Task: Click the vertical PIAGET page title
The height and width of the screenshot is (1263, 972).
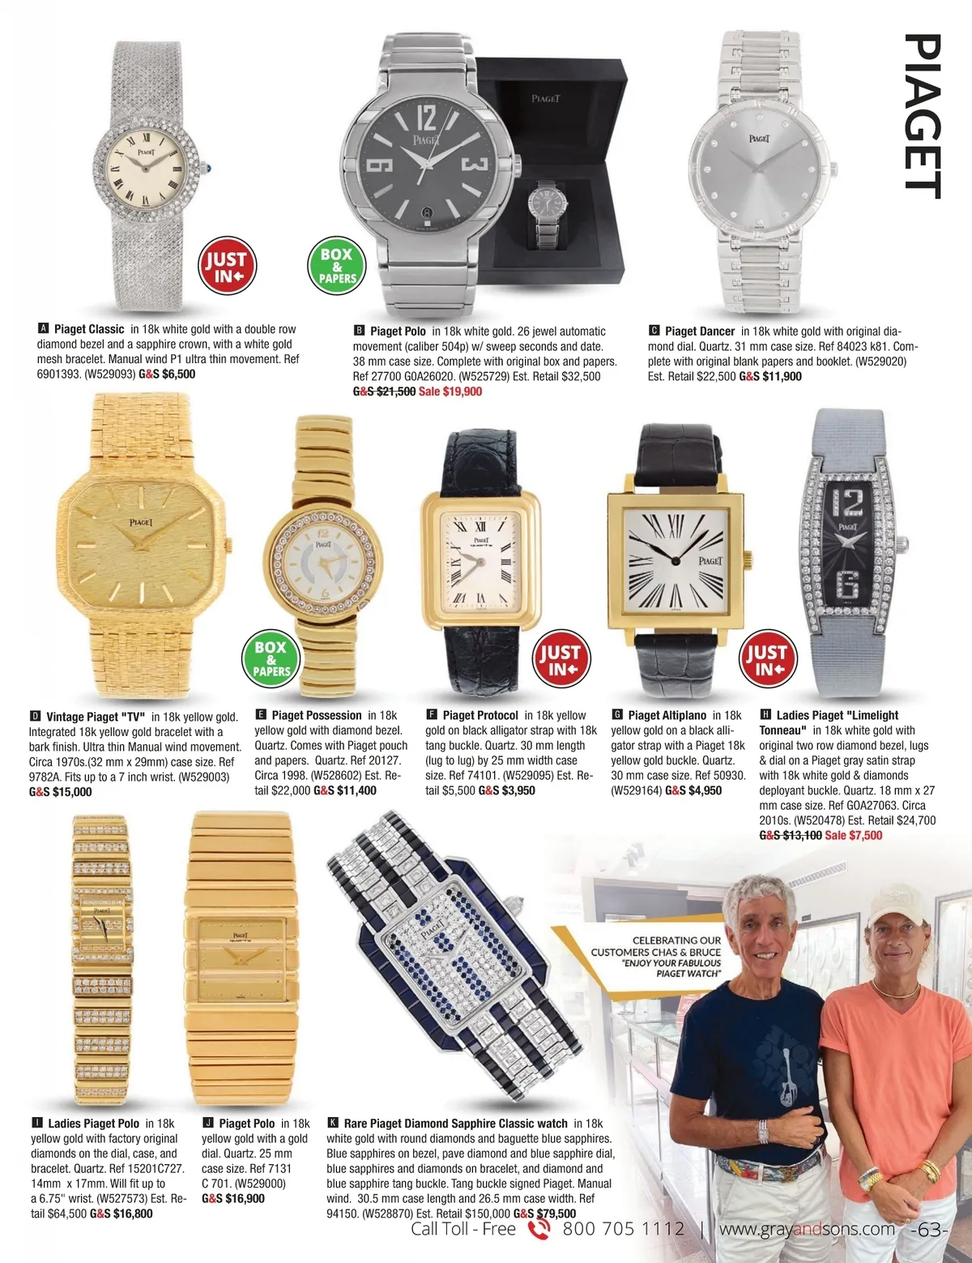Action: click(x=922, y=116)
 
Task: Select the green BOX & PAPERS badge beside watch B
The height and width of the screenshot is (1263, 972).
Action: click(x=337, y=266)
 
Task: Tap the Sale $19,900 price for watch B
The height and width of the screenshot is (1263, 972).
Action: click(x=450, y=392)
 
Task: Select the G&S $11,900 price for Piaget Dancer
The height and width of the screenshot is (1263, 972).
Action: click(x=770, y=376)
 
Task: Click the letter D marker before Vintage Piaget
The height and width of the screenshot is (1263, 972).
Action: click(x=36, y=717)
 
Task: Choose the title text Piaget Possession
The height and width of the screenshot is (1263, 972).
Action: click(x=317, y=715)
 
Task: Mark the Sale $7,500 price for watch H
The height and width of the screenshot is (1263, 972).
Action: click(x=853, y=835)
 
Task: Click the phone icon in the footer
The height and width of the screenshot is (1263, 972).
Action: click(x=539, y=1230)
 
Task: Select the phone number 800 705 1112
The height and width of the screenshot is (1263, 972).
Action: click(x=623, y=1229)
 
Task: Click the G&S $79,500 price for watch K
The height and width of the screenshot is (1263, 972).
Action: click(x=545, y=1214)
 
